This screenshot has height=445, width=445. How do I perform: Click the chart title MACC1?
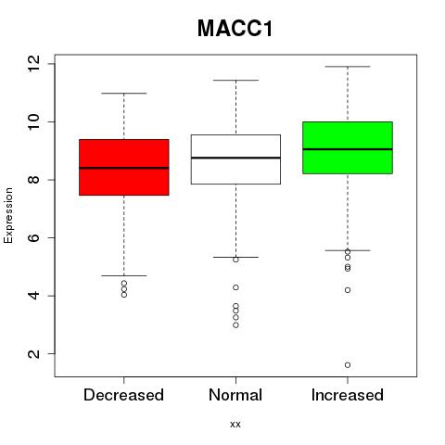pyautogui.click(x=235, y=29)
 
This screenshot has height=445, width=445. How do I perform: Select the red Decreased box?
pyautogui.click(x=124, y=167)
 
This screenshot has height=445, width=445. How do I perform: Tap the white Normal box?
pyautogui.click(x=235, y=159)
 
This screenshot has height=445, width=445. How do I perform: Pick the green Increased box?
pyautogui.click(x=348, y=147)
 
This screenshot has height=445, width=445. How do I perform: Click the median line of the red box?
pyautogui.click(x=124, y=168)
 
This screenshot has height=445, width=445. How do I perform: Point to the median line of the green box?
pyautogui.click(x=348, y=149)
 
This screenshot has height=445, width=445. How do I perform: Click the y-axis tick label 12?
pyautogui.click(x=33, y=64)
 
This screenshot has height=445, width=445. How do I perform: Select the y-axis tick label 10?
pyautogui.click(x=33, y=121)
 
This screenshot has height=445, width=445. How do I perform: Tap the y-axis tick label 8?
pyautogui.click(x=33, y=180)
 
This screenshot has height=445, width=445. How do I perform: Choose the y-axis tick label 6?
pyautogui.click(x=33, y=237)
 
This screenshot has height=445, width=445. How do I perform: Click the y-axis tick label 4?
pyautogui.click(x=33, y=296)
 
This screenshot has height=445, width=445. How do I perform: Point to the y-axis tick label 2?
pyautogui.click(x=33, y=353)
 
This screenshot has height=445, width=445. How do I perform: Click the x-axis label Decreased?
pyautogui.click(x=123, y=395)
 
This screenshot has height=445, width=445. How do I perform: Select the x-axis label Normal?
pyautogui.click(x=235, y=395)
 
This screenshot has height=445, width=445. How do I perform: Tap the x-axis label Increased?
pyautogui.click(x=348, y=395)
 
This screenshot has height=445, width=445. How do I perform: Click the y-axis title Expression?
pyautogui.click(x=8, y=215)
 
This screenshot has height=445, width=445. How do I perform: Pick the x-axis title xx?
pyautogui.click(x=235, y=425)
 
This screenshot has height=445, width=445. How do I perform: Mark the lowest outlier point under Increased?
pyautogui.click(x=348, y=365)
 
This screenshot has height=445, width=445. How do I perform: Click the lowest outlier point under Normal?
pyautogui.click(x=235, y=325)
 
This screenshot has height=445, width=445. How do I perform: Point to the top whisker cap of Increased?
pyautogui.click(x=348, y=67)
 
